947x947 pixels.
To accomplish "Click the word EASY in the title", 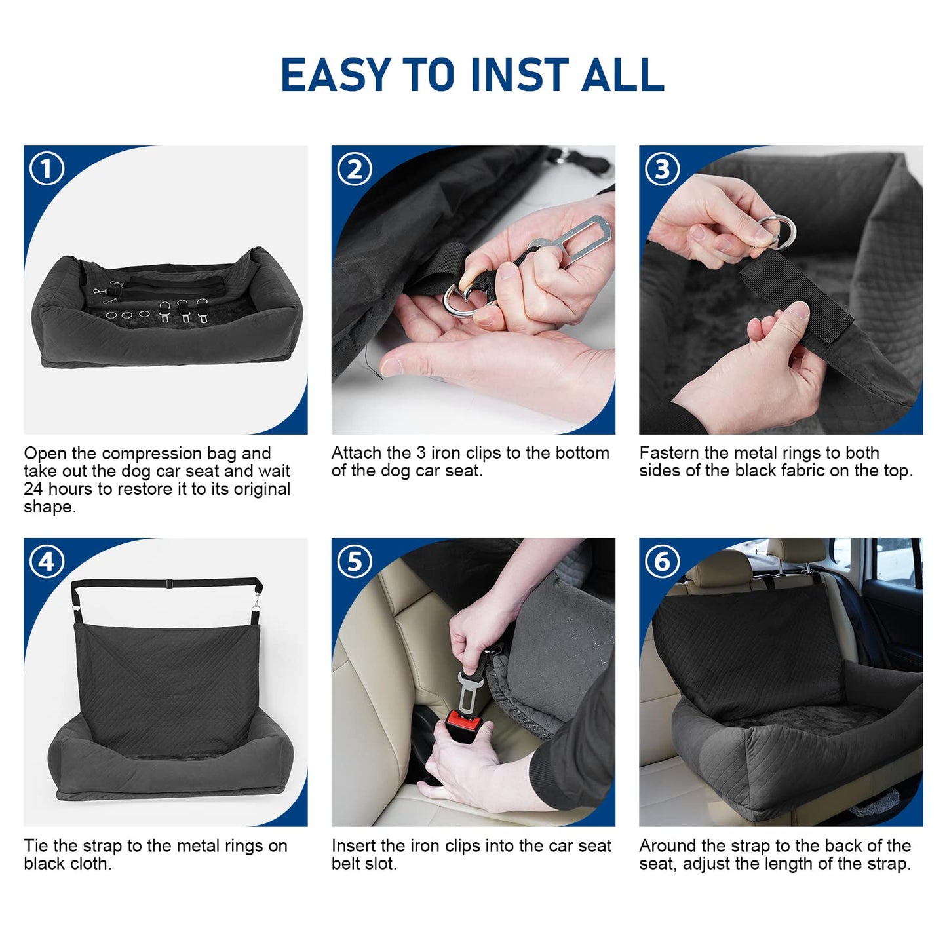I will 336,75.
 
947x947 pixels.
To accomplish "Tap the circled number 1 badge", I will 47,169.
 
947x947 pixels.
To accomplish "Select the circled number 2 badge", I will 355,169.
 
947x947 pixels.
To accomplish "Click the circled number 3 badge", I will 662,169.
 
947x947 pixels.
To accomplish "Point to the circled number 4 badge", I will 47,562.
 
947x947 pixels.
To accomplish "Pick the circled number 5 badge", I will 355,562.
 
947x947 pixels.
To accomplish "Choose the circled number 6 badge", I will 662,562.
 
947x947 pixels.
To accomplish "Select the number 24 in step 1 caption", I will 33,489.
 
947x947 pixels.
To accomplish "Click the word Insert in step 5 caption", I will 353,845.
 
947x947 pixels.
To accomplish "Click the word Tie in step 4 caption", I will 36,845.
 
